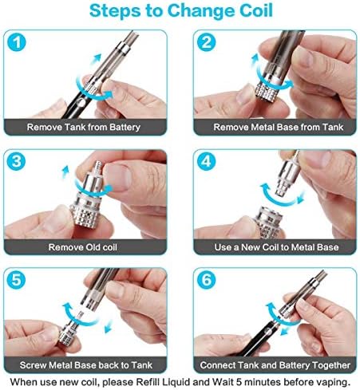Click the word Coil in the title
[256, 10]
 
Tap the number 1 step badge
[17, 42]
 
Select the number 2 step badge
[207, 42]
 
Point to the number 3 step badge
[16, 162]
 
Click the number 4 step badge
[207, 162]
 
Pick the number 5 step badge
[16, 280]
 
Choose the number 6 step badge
[207, 280]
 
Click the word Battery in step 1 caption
[125, 128]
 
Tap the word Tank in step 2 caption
[333, 127]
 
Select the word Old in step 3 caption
[93, 247]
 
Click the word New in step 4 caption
[251, 247]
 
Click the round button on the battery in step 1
[81, 103]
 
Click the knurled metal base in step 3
[89, 215]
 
